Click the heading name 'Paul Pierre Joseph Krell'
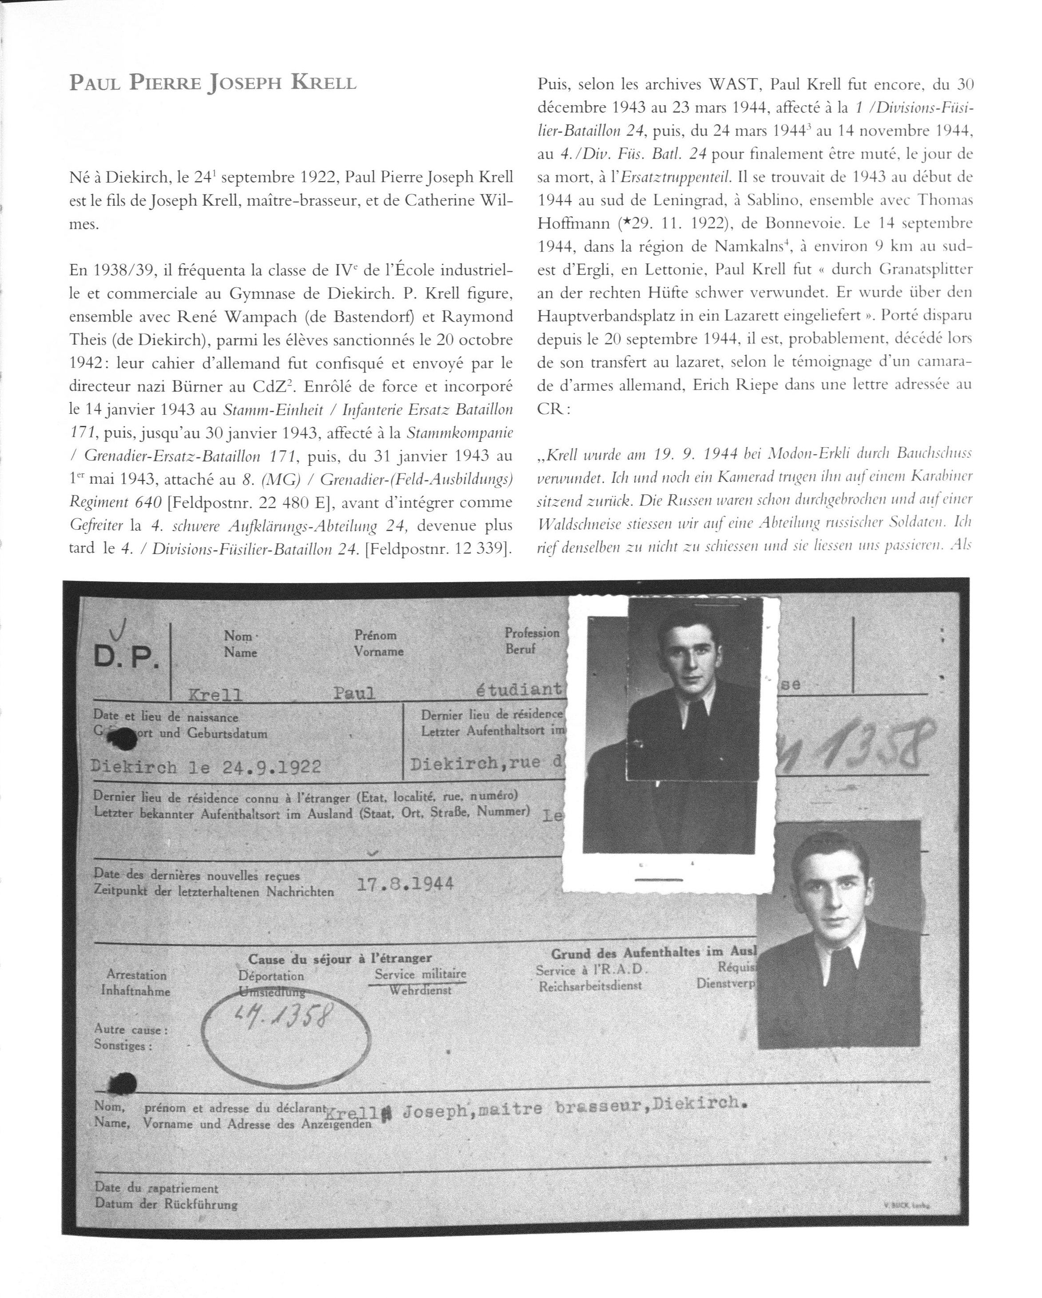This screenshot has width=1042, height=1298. (x=213, y=83)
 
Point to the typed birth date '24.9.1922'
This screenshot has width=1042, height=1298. (x=271, y=766)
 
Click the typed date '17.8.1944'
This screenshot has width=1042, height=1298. (x=405, y=884)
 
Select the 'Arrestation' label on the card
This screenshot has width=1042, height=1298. (x=136, y=974)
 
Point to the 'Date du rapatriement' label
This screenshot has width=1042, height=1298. (x=156, y=1188)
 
